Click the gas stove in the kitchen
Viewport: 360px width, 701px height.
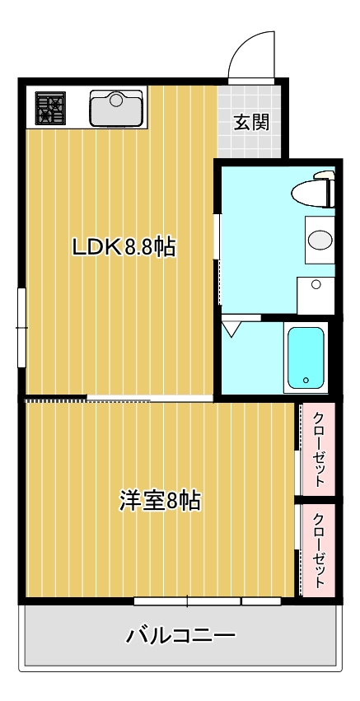[x=50, y=107]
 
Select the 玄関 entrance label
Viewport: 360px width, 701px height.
[x=250, y=123]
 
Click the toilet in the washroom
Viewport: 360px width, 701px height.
[x=315, y=191]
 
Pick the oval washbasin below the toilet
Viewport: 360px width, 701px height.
[x=319, y=240]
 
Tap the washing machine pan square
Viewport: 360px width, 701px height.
[x=316, y=295]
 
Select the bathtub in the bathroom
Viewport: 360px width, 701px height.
[x=306, y=358]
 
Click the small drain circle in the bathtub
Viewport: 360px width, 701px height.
[x=306, y=381]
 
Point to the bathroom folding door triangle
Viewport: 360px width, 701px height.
[x=230, y=329]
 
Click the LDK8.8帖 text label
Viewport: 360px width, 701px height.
[x=124, y=246]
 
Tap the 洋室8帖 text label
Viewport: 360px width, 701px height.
[x=160, y=500]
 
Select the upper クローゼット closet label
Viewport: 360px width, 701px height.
[x=318, y=449]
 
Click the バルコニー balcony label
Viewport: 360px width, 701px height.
[x=180, y=636]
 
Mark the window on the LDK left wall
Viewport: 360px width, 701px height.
[x=21, y=326]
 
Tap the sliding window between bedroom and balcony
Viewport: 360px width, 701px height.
[x=207, y=601]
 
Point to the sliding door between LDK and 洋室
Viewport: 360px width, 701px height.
[x=119, y=400]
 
